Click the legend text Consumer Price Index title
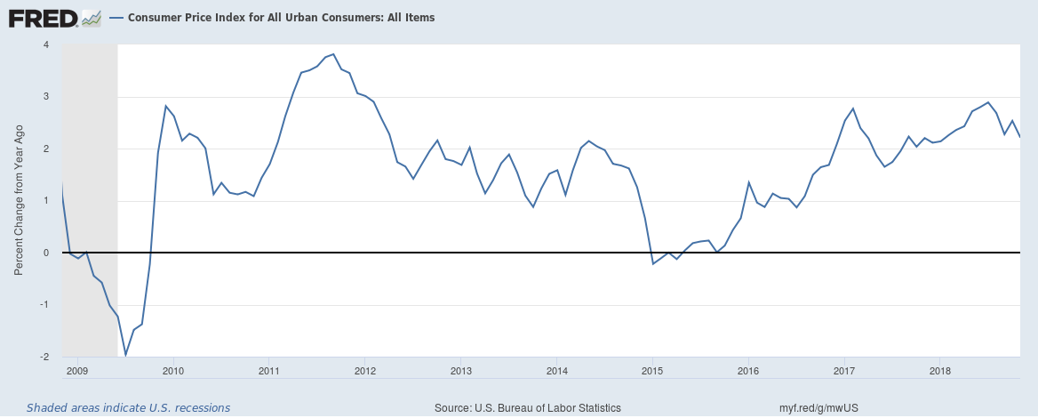click(281, 17)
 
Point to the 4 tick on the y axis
click(46, 44)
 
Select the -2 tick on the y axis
click(44, 358)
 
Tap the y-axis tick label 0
click(46, 253)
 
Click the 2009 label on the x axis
click(77, 369)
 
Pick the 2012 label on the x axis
click(365, 369)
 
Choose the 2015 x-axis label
click(653, 369)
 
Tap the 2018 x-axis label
click(941, 369)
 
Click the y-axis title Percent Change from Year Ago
click(19, 201)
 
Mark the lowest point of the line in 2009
click(125, 355)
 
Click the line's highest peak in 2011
click(333, 54)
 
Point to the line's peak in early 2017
click(853, 109)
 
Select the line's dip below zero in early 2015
click(653, 264)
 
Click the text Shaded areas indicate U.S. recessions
click(128, 407)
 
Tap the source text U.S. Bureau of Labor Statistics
click(528, 407)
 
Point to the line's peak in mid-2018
click(989, 102)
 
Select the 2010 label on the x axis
click(173, 369)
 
